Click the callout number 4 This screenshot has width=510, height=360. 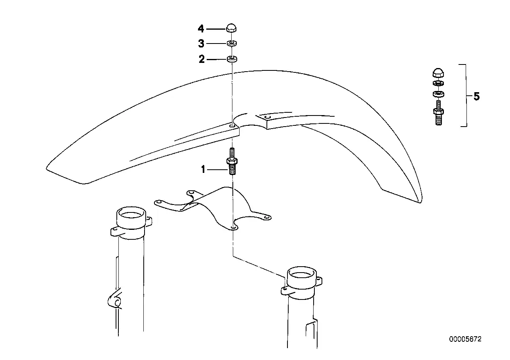[201, 29]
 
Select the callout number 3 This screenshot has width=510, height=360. [201, 44]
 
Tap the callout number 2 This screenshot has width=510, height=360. [202, 59]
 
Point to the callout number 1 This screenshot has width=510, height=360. [203, 169]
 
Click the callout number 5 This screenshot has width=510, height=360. [476, 96]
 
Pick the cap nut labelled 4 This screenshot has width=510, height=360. [231, 28]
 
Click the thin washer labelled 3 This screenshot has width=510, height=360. [232, 43]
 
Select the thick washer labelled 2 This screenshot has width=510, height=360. [232, 59]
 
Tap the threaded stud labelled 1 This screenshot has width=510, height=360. [232, 161]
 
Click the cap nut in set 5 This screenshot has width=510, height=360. [438, 73]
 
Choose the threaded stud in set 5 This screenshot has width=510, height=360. [438, 113]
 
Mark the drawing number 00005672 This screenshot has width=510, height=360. [465, 339]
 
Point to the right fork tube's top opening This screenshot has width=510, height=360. [302, 275]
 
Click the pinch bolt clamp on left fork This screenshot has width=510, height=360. [115, 301]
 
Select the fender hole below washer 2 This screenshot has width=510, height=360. [232, 125]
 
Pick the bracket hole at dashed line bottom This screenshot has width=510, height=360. [233, 227]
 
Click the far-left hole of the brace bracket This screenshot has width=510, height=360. [159, 202]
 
